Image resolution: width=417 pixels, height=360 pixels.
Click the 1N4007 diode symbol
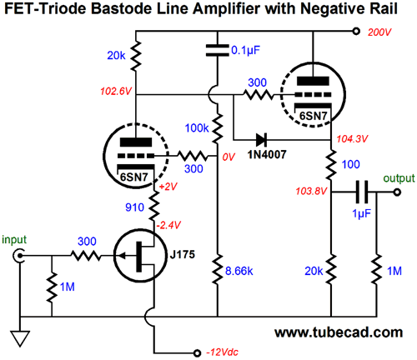261,139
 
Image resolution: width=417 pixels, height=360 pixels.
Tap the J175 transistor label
183,254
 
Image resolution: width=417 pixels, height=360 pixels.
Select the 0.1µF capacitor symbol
218,50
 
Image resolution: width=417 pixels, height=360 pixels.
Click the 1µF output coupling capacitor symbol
362,192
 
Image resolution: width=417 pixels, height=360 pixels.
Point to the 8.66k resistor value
239,271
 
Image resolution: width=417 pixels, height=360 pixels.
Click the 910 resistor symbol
153,206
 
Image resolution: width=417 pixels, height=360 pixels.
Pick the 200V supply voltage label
379,32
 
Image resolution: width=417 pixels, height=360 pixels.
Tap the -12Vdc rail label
222,352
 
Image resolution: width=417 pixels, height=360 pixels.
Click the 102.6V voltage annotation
116,91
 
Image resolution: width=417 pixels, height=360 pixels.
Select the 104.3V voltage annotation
352,138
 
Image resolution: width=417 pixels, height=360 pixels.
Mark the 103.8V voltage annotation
311,191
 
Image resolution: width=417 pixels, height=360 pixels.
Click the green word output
399,178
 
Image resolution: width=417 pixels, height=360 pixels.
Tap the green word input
14,240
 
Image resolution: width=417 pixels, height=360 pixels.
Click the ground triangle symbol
20,338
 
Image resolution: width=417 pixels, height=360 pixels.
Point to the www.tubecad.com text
339,332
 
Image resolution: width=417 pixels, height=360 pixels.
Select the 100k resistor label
197,128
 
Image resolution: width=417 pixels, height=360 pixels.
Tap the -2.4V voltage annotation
168,225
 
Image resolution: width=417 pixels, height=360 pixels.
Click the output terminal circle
398,192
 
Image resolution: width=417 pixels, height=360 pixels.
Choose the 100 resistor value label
351,164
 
